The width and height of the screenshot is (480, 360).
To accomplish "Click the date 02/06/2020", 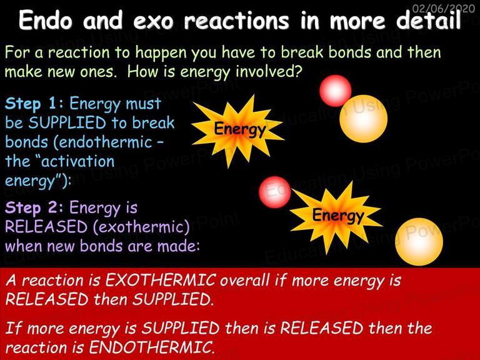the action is [443, 8].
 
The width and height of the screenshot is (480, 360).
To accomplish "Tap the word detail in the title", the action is [428, 21].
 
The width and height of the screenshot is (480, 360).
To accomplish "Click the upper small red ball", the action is [335, 91].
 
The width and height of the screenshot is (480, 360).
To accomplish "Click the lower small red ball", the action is [274, 192].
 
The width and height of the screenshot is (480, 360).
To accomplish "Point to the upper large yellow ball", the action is [363, 119].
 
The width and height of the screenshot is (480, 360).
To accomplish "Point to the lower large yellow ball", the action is [419, 242].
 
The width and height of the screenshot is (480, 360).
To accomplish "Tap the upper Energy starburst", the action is [238, 130].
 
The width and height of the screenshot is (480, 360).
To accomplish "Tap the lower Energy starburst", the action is [336, 216].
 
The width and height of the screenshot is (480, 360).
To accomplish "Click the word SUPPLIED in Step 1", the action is [67, 122].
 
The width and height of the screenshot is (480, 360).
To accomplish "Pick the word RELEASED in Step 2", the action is [46, 227].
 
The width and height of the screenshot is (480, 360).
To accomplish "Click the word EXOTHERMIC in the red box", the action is [160, 280].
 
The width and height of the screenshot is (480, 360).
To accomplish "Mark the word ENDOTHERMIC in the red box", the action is [151, 347].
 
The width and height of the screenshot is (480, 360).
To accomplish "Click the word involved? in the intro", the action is [269, 72].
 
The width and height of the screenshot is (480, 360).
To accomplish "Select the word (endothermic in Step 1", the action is [103, 142].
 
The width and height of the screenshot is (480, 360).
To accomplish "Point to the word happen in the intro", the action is [161, 53].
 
